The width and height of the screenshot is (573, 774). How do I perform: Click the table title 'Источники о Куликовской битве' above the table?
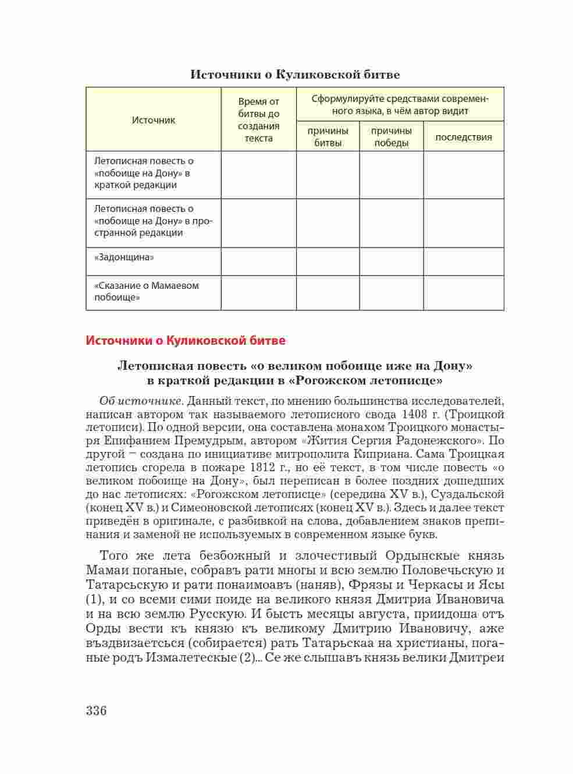tap(295, 75)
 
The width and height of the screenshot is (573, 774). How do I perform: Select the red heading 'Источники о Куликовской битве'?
tap(186, 341)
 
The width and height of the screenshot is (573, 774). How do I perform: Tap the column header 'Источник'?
tap(154, 120)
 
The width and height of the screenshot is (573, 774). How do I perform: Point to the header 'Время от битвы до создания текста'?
tap(259, 120)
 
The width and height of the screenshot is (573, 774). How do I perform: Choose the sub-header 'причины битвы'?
tap(328, 137)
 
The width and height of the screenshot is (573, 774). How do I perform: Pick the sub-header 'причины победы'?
tap(392, 137)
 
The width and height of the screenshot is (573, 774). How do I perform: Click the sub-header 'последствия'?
tap(464, 137)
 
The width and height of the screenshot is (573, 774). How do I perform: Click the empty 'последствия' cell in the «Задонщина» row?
tap(464, 261)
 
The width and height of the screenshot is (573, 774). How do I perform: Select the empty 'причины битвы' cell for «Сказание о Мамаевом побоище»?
tap(328, 292)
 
